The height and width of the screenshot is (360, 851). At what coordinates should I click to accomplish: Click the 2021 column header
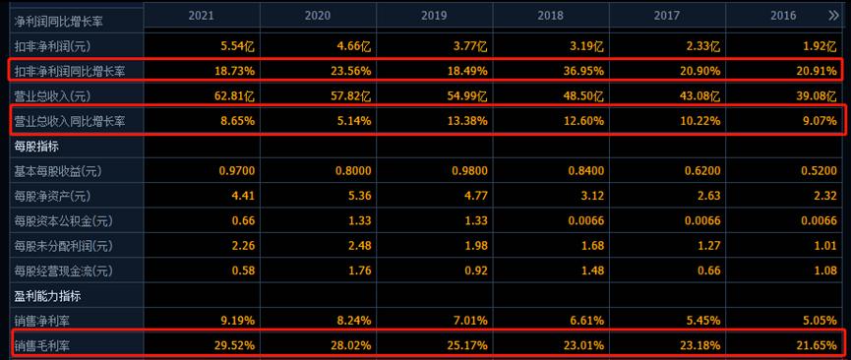pos(202,17)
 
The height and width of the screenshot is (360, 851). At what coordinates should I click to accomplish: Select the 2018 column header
pos(550,17)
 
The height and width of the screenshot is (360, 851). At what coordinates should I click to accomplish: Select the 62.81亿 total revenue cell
pos(235,95)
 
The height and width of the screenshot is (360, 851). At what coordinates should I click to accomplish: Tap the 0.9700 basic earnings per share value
pos(232,171)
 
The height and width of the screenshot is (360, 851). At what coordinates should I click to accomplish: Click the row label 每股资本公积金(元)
pos(64,221)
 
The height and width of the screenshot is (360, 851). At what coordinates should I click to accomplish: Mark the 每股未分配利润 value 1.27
pos(704,246)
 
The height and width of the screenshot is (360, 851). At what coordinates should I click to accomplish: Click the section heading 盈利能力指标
pos(45,295)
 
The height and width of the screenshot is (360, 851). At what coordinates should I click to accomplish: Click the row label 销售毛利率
pos(43,345)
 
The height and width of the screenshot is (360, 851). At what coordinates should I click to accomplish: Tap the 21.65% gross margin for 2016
pos(816,345)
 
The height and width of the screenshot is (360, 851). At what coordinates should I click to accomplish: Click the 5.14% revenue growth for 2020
pos(352,121)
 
